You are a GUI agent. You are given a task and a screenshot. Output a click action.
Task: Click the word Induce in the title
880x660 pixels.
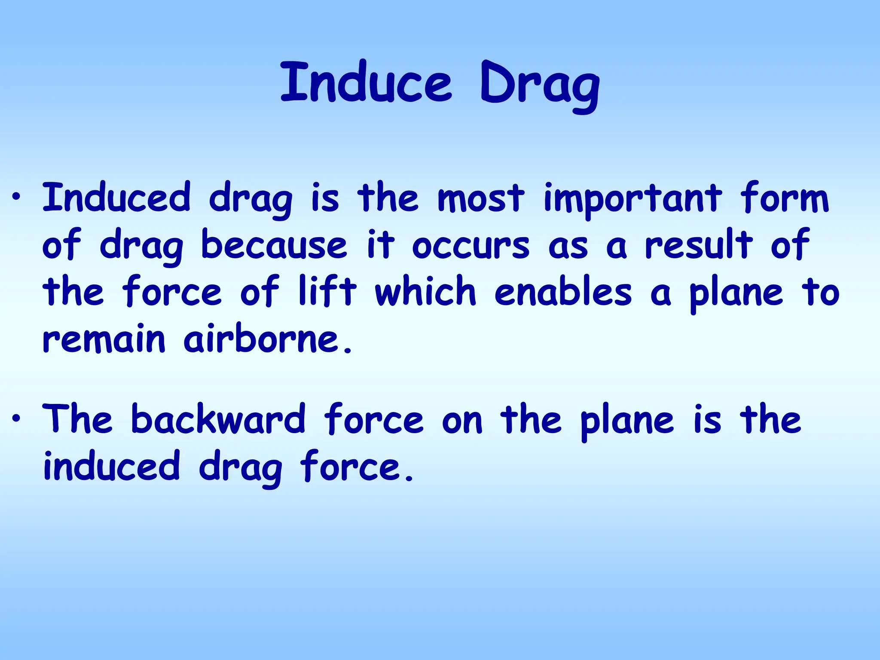(x=366, y=82)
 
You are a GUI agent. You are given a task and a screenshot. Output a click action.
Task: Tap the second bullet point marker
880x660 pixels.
(x=16, y=418)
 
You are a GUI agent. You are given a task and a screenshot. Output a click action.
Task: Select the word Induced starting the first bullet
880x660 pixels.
(x=116, y=198)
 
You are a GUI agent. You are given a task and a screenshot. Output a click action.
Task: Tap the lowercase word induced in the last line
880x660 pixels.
(x=111, y=466)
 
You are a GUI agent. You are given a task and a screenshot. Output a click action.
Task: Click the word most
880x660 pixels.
(x=481, y=199)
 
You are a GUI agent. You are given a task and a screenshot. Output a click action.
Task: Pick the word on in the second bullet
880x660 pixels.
(x=462, y=421)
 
